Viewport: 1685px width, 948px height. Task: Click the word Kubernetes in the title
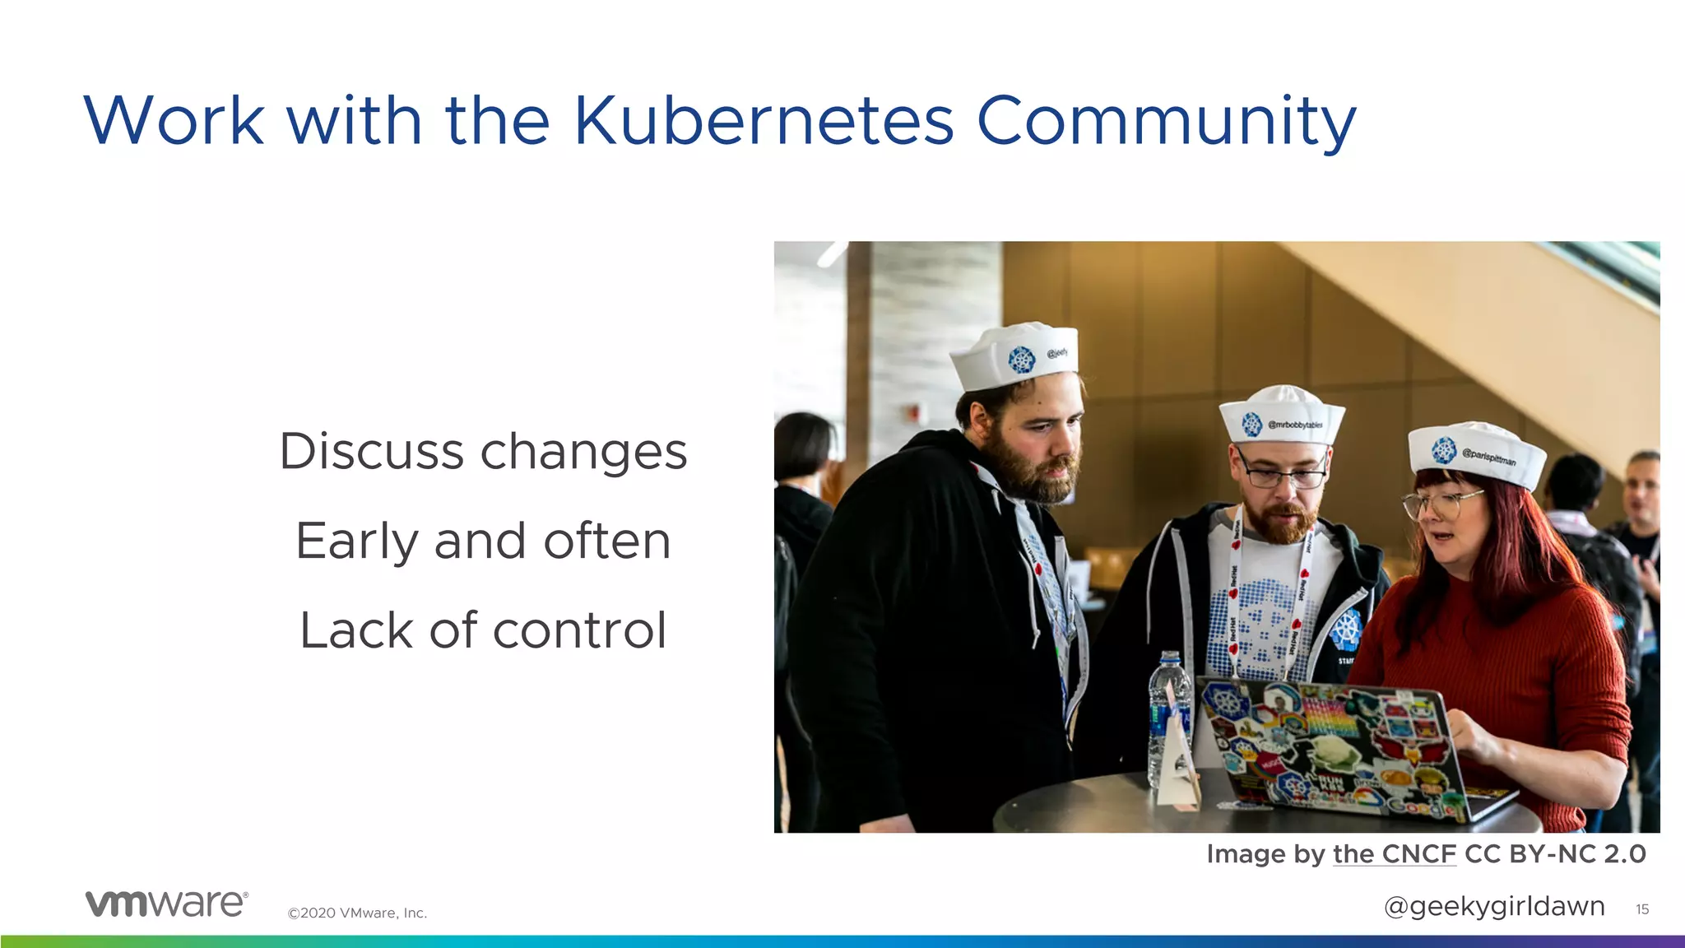[764, 121]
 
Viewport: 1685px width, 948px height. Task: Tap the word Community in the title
[1166, 121]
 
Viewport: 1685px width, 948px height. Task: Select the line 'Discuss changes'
[483, 452]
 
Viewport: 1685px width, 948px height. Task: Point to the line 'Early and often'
[483, 541]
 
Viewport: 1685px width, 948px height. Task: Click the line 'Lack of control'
[483, 630]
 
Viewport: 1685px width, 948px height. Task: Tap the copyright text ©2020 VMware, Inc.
[357, 913]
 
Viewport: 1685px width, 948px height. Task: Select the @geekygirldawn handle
[1494, 906]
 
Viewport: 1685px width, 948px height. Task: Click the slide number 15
[1642, 909]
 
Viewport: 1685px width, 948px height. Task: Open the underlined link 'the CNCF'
[1395, 854]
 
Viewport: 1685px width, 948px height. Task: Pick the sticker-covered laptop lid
[1333, 749]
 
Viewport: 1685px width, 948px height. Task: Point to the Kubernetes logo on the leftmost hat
[1021, 360]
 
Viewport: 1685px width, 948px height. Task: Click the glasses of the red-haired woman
[1441, 502]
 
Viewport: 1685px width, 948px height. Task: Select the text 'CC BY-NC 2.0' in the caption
[1555, 854]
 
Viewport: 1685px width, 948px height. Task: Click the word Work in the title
[174, 121]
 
